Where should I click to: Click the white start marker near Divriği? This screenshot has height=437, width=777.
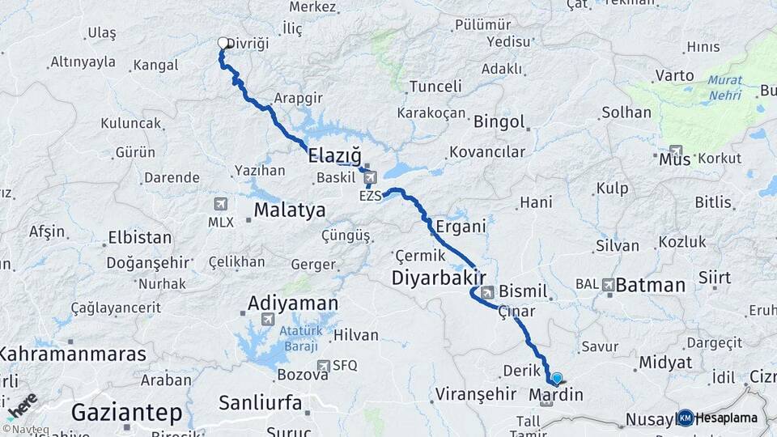coord(223,43)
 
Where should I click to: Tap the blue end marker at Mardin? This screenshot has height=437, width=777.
coord(556,378)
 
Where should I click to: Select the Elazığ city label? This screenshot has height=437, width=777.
coord(333,155)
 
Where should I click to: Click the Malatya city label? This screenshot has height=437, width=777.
coord(290,210)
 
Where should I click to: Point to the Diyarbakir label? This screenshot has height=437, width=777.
coord(438,278)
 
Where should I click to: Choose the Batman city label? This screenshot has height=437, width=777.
coord(650,285)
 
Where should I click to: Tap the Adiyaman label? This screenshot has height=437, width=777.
coord(292,303)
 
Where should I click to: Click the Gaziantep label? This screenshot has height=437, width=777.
coord(126,412)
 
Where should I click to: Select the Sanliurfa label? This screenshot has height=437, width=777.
coord(260,402)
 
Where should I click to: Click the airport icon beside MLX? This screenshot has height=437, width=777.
coord(220,203)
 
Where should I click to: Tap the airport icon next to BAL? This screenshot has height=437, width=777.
coord(607,284)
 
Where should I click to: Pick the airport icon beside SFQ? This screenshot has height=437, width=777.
coord(323,366)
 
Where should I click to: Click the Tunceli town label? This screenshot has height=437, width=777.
coord(435,87)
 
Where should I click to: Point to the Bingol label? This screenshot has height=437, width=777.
coord(499,123)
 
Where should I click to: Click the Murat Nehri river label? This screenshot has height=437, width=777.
coord(724,87)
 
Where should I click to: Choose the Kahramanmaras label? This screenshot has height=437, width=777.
coord(73,354)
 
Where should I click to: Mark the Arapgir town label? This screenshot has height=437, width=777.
coord(297,98)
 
